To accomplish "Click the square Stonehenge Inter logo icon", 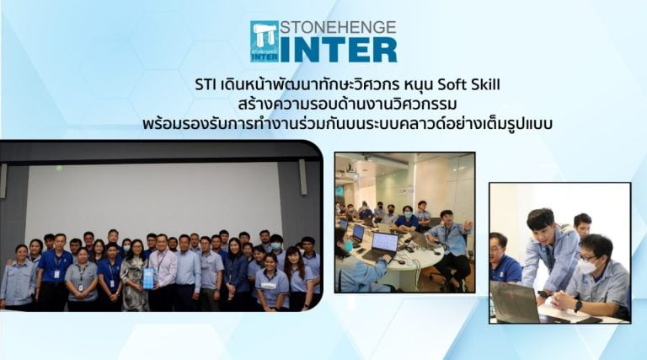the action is tap(265, 41).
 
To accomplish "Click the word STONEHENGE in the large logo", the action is tap(338, 27).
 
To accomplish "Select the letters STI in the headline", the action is tap(206, 85).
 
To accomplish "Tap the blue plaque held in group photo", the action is tap(148, 278).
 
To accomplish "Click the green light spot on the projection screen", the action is tap(60, 169).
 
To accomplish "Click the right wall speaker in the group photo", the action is tap(303, 177).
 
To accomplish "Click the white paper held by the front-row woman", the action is tap(268, 285).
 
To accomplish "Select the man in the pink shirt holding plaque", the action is tap(162, 272).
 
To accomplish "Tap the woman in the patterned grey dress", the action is tap(135, 277).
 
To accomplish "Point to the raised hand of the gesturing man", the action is tap(468, 225).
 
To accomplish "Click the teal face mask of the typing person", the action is tap(349, 246).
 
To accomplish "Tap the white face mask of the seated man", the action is tap(586, 266).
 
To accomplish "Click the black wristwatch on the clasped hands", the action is tap(578, 306).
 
